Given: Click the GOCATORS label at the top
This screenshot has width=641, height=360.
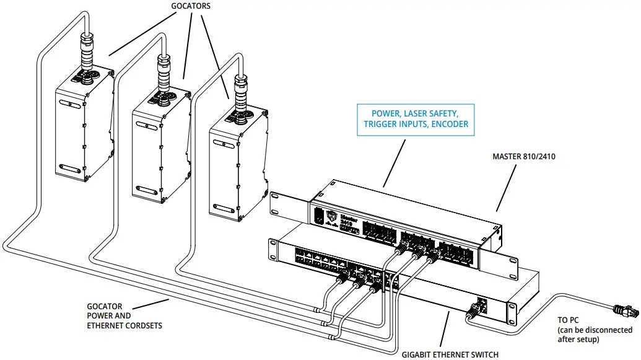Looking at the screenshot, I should [x=190, y=6].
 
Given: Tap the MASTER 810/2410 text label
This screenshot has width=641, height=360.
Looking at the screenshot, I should [x=523, y=157].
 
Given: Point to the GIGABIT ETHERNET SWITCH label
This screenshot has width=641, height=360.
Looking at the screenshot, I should [x=450, y=354].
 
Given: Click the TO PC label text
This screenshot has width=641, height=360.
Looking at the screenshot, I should [x=569, y=320].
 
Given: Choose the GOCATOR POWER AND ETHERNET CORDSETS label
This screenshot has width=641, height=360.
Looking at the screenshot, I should [x=124, y=315].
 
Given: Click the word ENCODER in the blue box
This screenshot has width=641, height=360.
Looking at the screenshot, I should [x=448, y=125].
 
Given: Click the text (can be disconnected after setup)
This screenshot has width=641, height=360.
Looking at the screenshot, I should [x=594, y=335].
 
